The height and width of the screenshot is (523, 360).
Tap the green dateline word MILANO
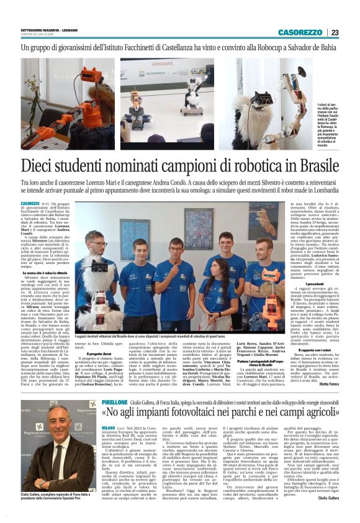pos(109,428)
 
